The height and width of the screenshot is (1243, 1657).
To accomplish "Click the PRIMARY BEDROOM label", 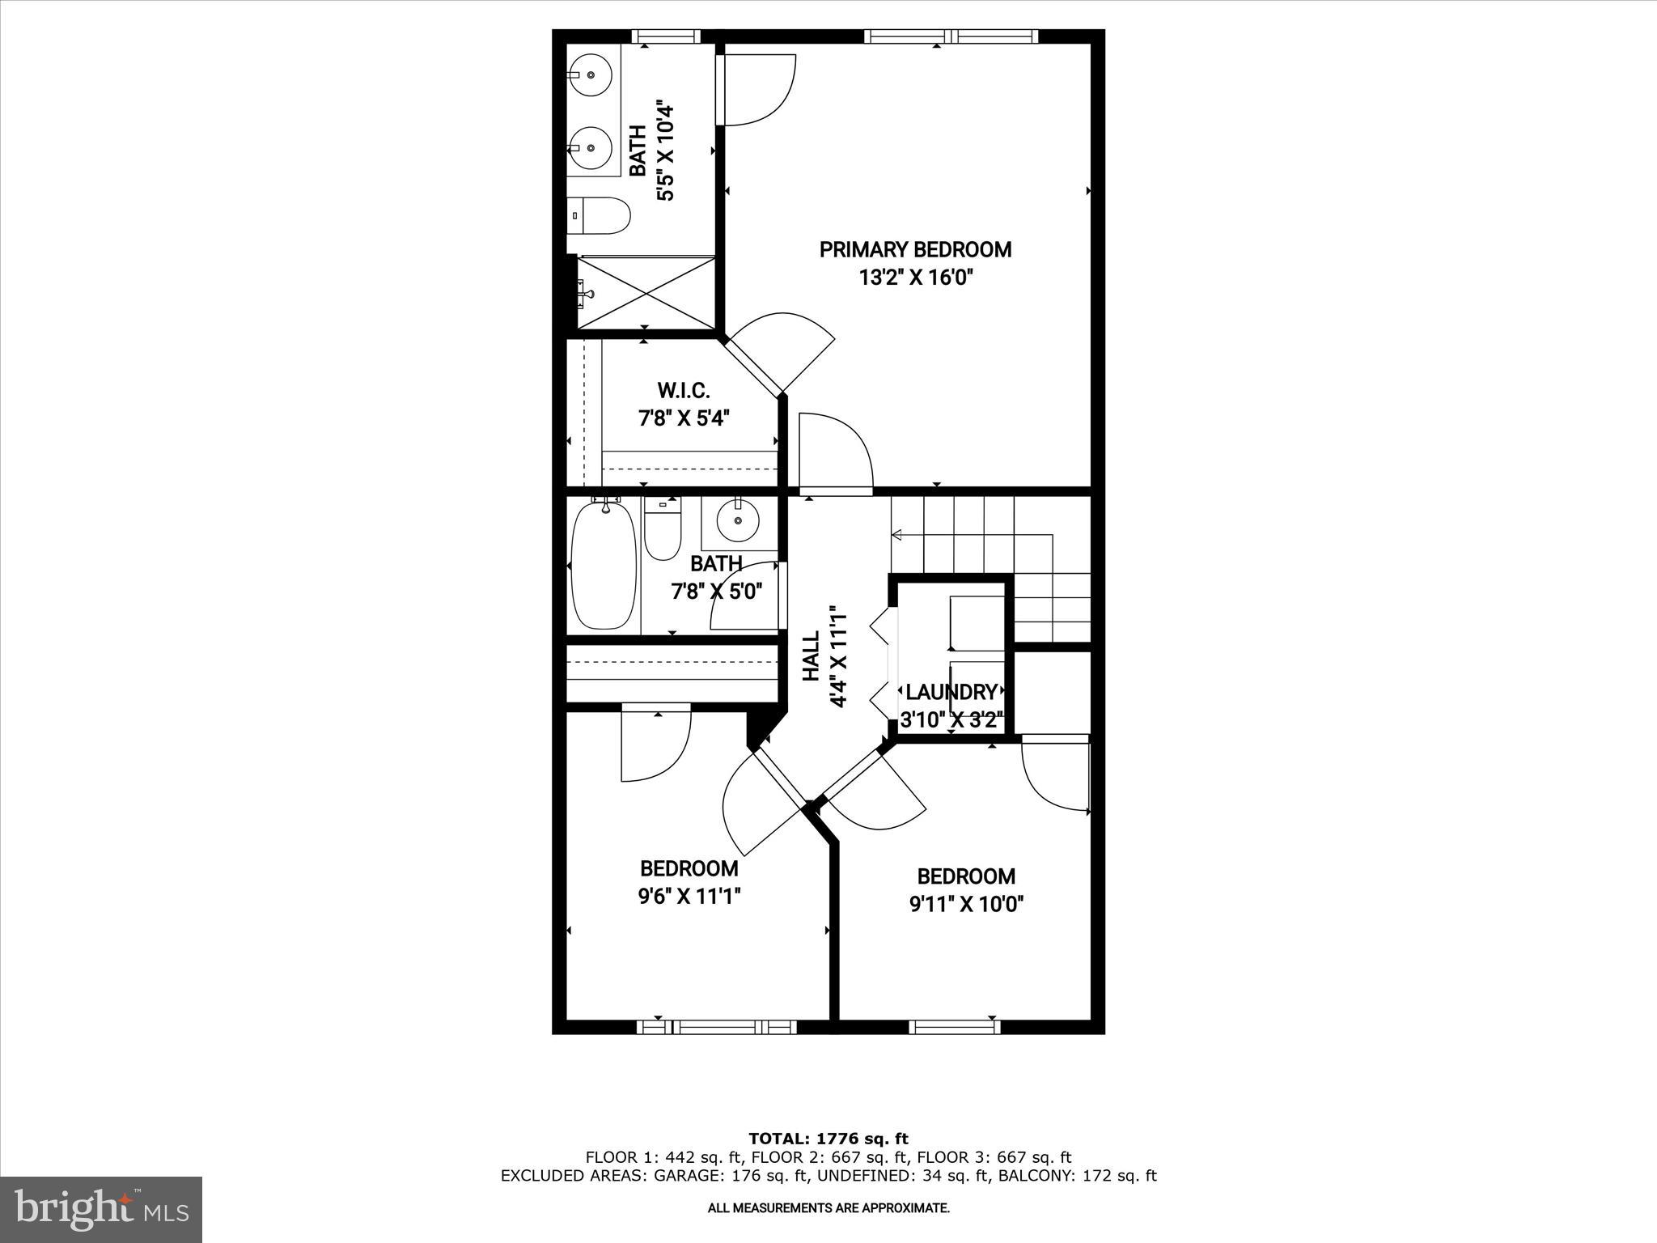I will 915,249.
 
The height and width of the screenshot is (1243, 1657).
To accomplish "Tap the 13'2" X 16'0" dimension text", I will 915,278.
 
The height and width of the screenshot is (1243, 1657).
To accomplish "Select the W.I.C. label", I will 684,391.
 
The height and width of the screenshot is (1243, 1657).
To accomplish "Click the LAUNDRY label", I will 951,692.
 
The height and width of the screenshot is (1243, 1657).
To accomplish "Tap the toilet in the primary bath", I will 600,215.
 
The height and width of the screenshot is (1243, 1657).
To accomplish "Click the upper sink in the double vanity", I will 591,74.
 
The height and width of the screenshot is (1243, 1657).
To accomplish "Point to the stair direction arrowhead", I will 896,535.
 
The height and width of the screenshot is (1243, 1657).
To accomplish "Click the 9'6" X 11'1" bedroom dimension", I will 689,896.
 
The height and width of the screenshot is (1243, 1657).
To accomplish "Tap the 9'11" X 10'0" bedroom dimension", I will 967,904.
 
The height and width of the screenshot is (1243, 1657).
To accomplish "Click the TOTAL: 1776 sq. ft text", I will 828,1139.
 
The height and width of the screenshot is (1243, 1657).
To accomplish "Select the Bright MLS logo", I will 101,1209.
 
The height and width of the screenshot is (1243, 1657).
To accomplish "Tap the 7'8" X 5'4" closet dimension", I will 684,418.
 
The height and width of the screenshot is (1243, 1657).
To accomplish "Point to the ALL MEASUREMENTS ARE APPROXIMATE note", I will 828,1207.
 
